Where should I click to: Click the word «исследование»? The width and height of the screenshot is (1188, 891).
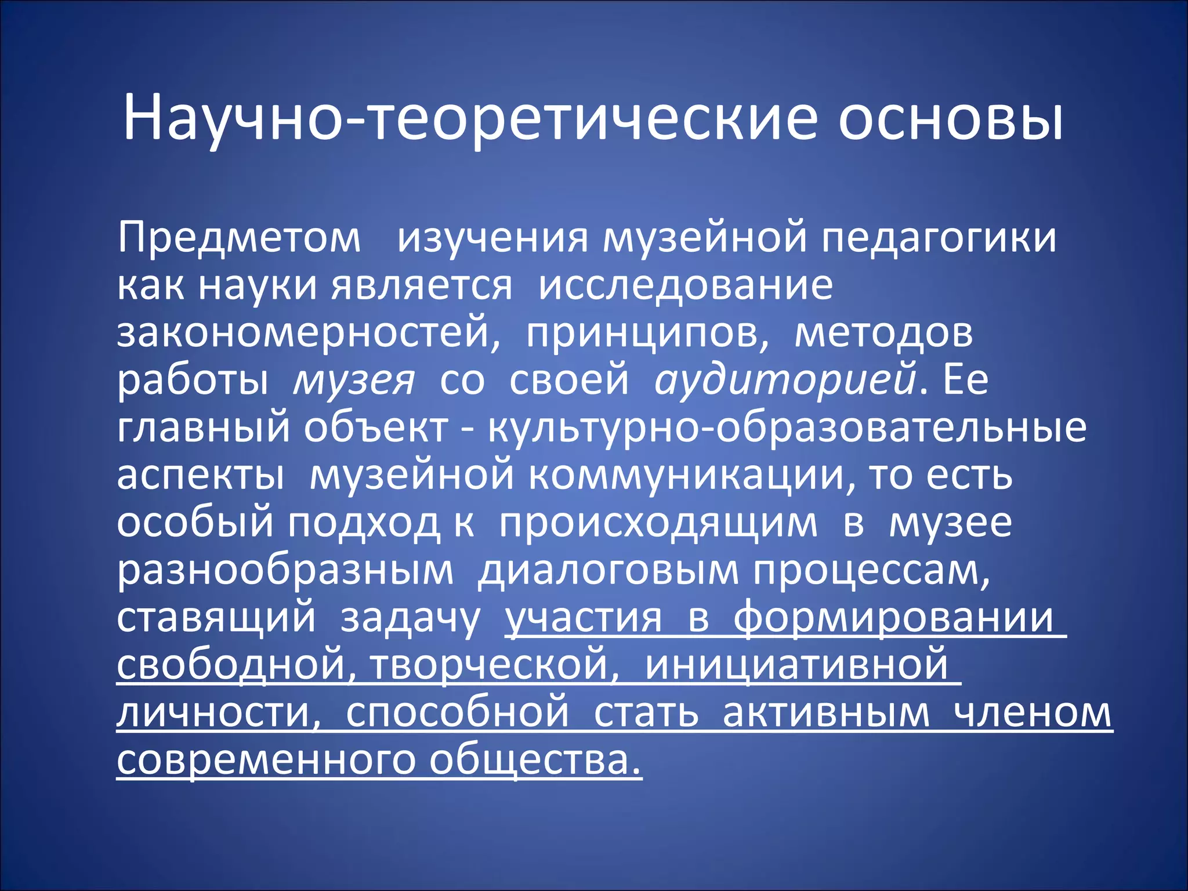[685, 285]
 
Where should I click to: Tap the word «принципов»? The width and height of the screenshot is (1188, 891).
[647, 333]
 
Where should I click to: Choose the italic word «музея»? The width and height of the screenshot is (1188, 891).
[354, 381]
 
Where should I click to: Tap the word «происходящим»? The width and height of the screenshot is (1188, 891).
[658, 523]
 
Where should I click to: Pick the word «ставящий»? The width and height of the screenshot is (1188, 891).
[216, 618]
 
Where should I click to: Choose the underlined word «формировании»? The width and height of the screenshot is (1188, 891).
[893, 618]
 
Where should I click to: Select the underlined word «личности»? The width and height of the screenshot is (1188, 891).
[218, 713]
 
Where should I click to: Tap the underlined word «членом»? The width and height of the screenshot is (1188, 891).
[1033, 713]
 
